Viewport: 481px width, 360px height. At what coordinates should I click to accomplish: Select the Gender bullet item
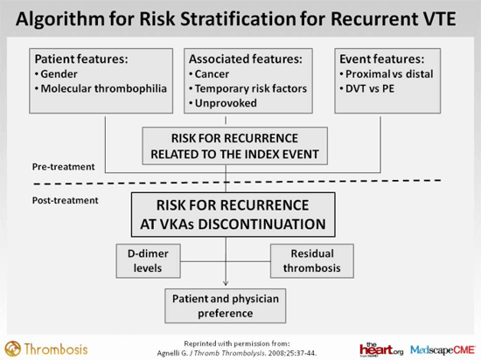(56, 74)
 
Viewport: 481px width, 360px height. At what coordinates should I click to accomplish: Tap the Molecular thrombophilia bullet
(101, 88)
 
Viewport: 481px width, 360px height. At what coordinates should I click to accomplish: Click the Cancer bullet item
(209, 74)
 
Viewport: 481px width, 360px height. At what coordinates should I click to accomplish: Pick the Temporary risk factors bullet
(247, 88)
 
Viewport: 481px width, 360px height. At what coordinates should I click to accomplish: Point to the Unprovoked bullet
(223, 103)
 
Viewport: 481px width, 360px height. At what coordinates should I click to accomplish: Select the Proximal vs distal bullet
(387, 74)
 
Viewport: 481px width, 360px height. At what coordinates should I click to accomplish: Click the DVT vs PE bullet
(367, 88)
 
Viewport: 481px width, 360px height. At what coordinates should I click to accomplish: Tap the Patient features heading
(81, 59)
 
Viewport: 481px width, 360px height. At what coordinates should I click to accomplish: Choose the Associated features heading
(246, 59)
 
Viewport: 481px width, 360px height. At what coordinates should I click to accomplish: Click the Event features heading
(382, 59)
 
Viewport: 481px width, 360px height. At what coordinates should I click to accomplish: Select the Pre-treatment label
(64, 167)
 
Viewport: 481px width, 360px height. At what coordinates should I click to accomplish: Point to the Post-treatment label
(66, 200)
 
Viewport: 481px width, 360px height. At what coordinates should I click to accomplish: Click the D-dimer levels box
(148, 261)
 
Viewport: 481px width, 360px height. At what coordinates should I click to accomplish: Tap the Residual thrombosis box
(312, 261)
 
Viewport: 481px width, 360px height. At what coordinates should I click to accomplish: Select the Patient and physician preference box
(226, 306)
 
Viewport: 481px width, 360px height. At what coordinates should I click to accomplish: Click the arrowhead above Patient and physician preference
(226, 283)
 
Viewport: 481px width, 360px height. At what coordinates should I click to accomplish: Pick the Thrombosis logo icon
(13, 349)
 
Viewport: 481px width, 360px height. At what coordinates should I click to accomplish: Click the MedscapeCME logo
(443, 350)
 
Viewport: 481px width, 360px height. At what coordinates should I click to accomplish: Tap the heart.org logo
(381, 350)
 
